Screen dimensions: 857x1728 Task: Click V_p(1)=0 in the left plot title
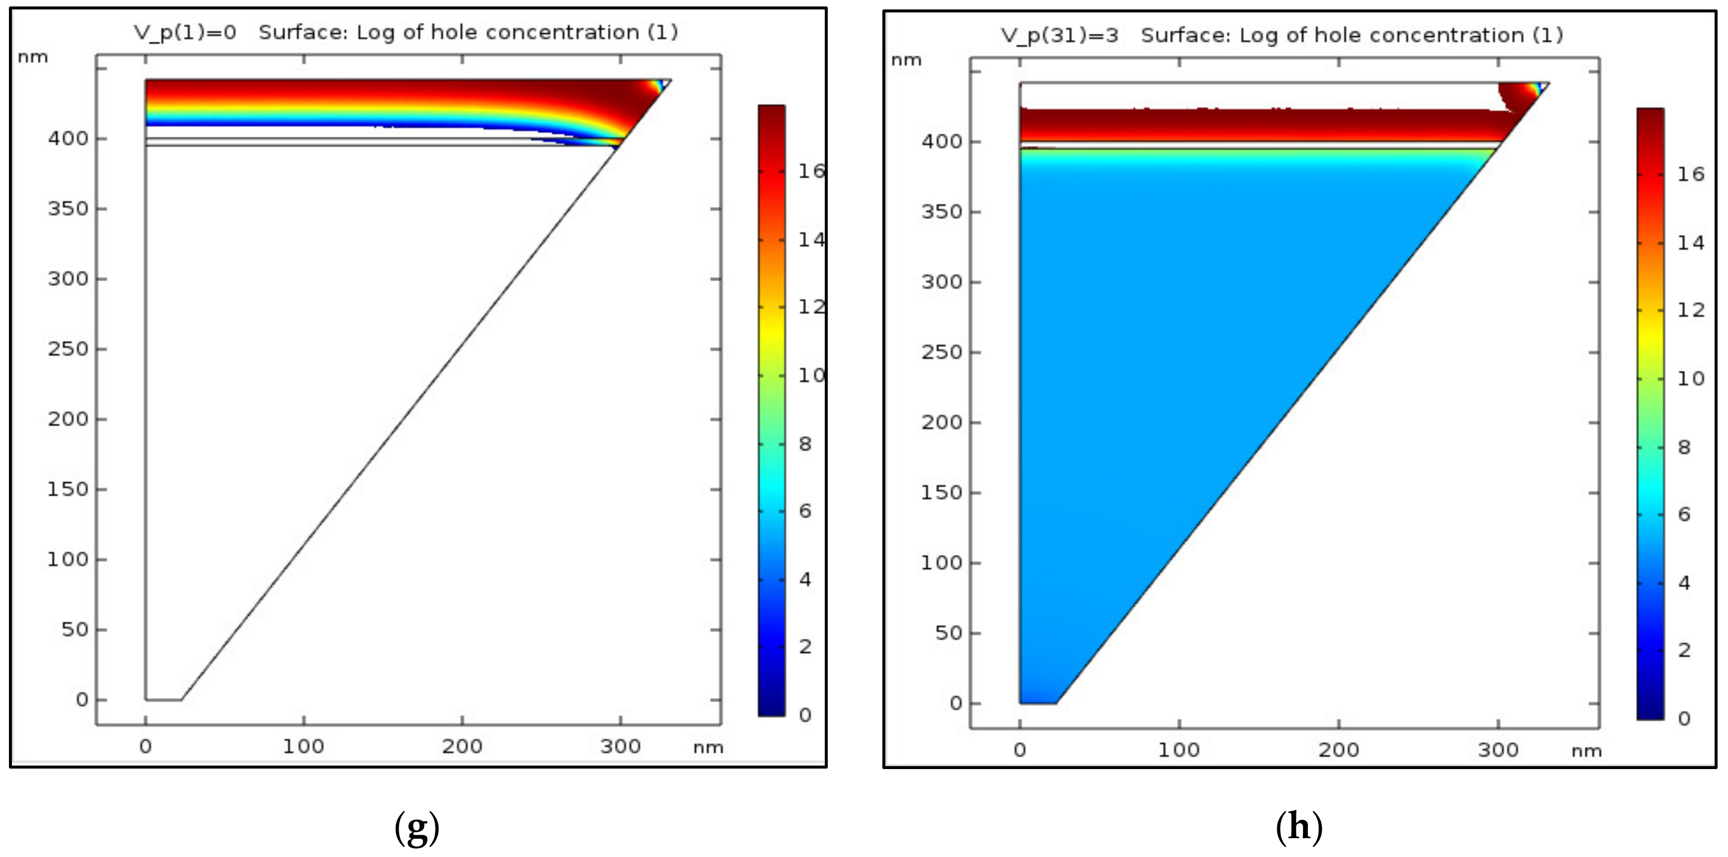click(185, 33)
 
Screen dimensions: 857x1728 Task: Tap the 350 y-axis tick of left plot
click(68, 209)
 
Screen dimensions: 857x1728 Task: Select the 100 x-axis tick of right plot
click(1179, 750)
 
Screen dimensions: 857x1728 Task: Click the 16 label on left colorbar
click(811, 171)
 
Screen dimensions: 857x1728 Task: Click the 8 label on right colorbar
click(1684, 448)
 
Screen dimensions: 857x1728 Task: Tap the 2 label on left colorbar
click(805, 647)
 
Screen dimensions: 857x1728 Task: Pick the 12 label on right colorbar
click(1690, 310)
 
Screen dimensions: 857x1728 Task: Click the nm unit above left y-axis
click(33, 58)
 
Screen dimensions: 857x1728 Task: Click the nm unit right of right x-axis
click(1586, 751)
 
